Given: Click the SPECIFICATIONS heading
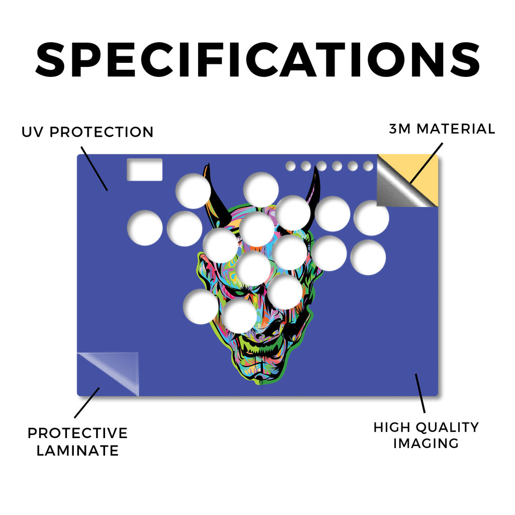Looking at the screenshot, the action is click(257, 60).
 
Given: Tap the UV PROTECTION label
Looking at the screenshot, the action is click(88, 132).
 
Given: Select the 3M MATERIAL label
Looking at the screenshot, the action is click(442, 129).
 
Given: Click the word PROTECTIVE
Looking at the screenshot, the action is click(77, 433).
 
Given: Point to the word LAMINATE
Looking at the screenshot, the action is click(77, 450).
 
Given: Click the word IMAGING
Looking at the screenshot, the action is click(426, 444).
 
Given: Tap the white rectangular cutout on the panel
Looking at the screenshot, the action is click(144, 169).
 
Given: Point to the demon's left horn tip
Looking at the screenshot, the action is click(208, 164).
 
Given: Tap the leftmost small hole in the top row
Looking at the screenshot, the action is click(290, 166).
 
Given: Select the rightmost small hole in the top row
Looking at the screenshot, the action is click(368, 166).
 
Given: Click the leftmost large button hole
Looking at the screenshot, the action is click(145, 228).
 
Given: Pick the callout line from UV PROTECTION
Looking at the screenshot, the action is click(94, 168).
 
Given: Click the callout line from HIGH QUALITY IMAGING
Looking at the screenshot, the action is click(420, 393).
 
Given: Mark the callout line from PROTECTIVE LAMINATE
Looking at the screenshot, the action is click(87, 403).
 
